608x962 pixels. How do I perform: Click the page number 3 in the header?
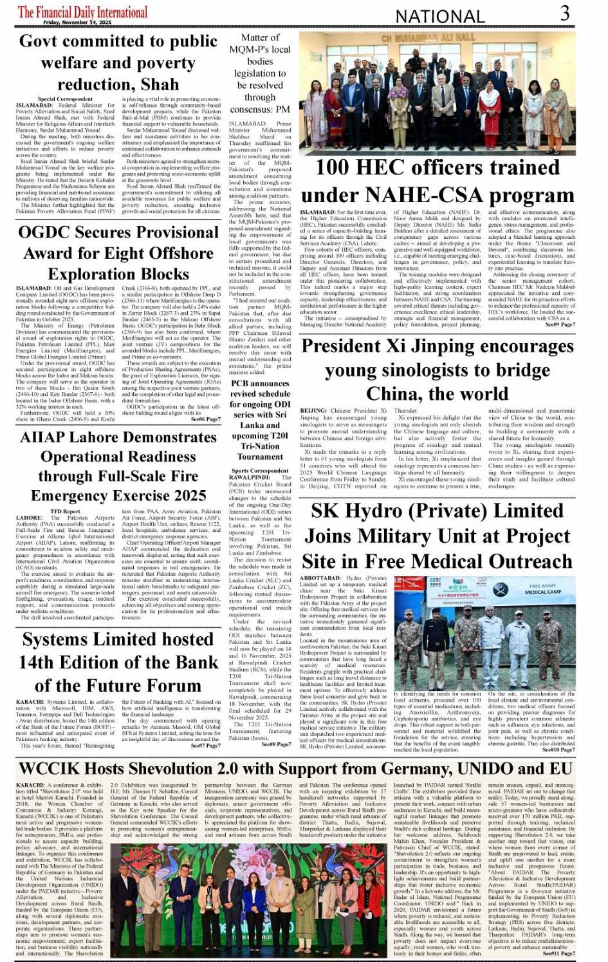tap(565, 13)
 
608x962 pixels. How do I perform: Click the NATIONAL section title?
tap(440, 16)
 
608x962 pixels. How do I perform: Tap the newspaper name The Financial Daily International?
tap(82, 11)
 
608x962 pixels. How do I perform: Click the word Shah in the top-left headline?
tap(161, 84)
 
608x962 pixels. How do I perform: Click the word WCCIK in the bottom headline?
tap(50, 769)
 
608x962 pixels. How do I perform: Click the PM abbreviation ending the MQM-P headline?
tap(282, 109)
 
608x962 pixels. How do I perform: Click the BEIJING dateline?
tap(313, 410)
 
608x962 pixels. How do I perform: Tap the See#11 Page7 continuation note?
tap(558, 953)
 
